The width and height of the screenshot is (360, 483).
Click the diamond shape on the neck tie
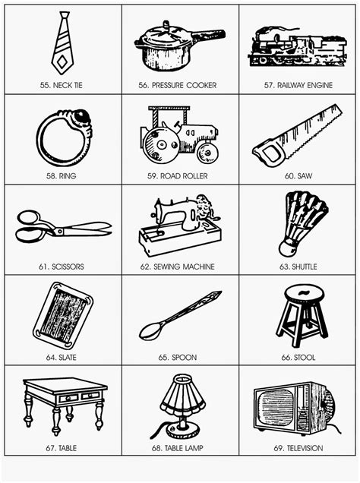click(62, 62)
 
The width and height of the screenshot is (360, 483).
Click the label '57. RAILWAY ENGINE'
click(298, 85)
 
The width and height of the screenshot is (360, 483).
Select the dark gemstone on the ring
click(81, 116)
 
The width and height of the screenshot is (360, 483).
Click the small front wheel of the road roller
click(207, 152)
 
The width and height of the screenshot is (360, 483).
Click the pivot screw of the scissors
click(58, 231)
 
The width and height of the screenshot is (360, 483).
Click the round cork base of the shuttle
click(288, 248)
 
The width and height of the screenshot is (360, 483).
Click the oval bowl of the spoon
click(150, 331)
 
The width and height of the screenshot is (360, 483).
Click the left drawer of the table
click(69, 398)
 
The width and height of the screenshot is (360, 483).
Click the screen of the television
click(276, 406)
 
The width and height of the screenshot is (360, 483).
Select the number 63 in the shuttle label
click(283, 267)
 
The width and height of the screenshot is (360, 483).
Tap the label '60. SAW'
click(298, 176)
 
